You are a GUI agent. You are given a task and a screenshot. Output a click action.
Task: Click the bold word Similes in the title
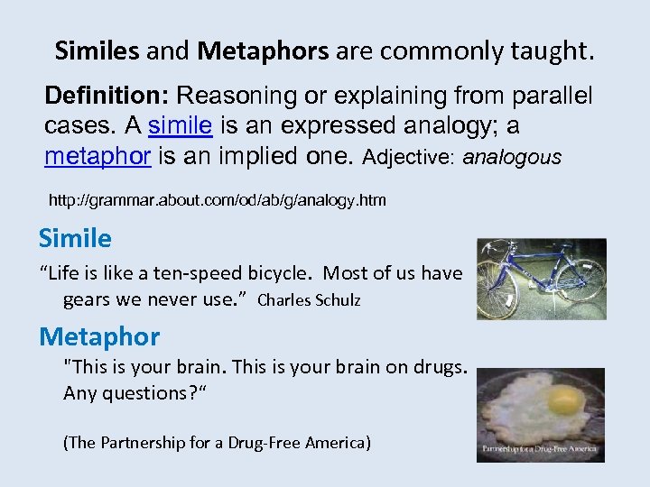tap(97, 51)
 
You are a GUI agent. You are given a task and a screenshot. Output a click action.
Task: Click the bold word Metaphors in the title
tap(263, 51)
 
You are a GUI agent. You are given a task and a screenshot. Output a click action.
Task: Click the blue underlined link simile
tap(180, 126)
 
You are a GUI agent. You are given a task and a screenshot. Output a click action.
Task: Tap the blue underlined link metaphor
tap(97, 157)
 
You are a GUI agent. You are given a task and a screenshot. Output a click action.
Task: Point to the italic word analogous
tap(511, 158)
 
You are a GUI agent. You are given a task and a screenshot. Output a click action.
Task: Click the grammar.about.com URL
tap(217, 200)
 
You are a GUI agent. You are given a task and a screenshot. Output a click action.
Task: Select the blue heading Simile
tap(75, 239)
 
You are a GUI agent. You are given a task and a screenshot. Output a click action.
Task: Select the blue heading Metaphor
tap(99, 337)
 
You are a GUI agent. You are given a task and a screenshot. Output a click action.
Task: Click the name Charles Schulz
tap(309, 300)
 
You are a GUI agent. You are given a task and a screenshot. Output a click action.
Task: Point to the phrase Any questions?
tap(124, 393)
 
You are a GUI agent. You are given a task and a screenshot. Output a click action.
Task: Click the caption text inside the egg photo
tap(540, 448)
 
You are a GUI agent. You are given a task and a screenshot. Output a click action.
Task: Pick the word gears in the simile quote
tap(87, 299)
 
